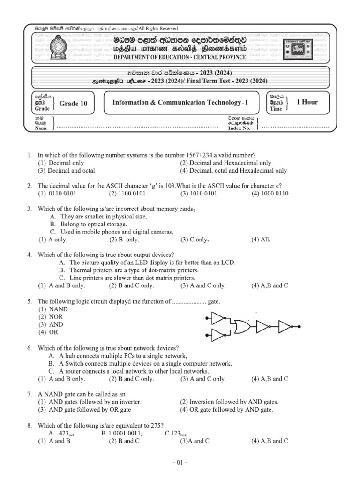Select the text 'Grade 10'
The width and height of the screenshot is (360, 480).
point(73,104)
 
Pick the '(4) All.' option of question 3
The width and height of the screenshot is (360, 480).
point(262,240)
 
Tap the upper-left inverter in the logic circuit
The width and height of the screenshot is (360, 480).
point(218,319)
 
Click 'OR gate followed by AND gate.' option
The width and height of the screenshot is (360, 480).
point(226,410)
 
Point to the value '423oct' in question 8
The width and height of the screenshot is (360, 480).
point(67,433)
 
